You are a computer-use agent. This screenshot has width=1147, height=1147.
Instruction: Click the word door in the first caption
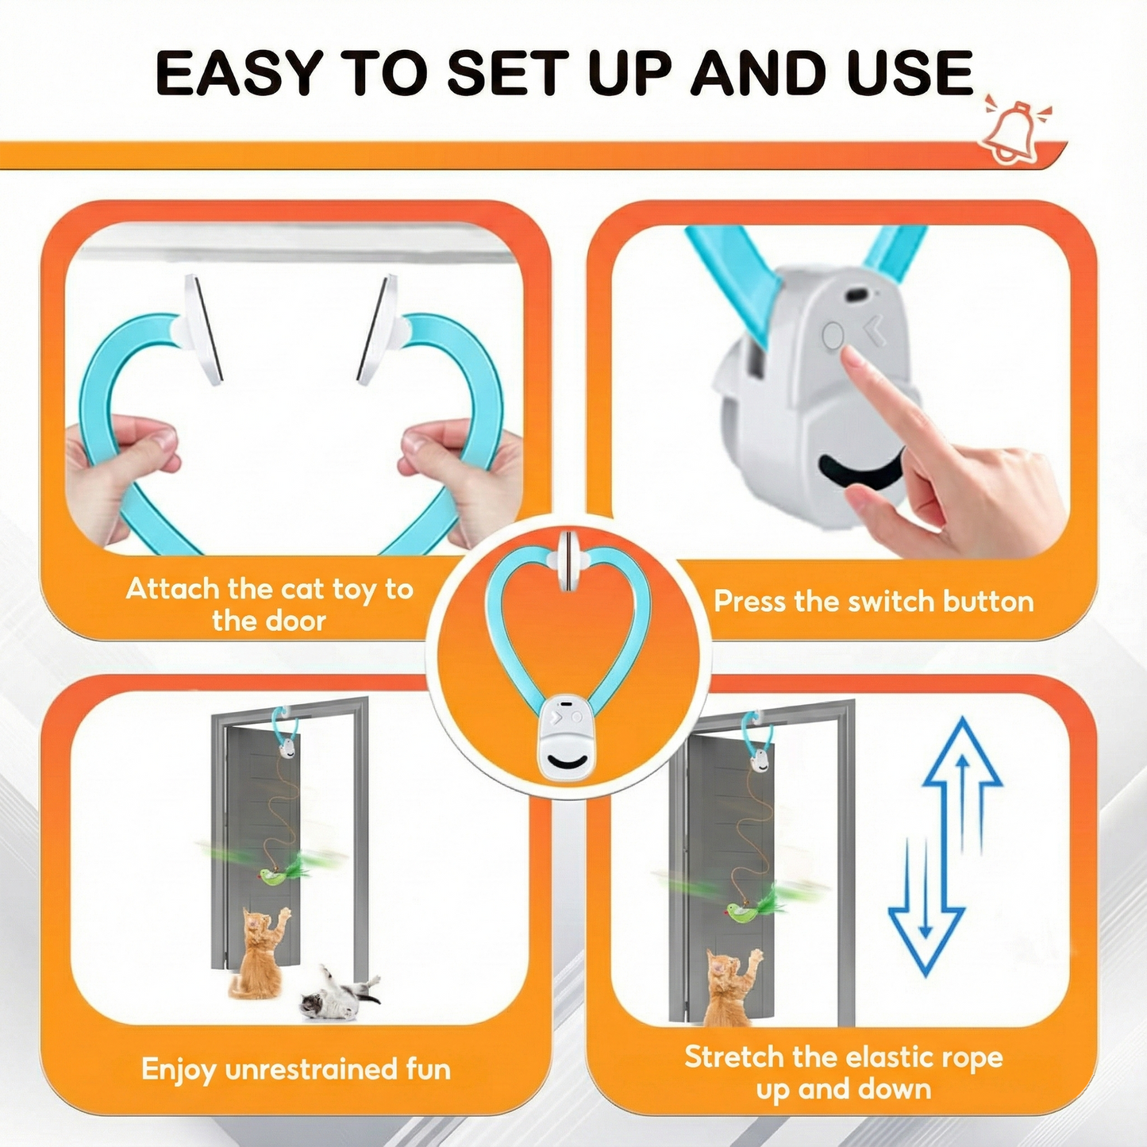point(295,621)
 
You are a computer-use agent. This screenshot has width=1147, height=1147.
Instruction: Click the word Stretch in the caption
point(733,1057)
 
